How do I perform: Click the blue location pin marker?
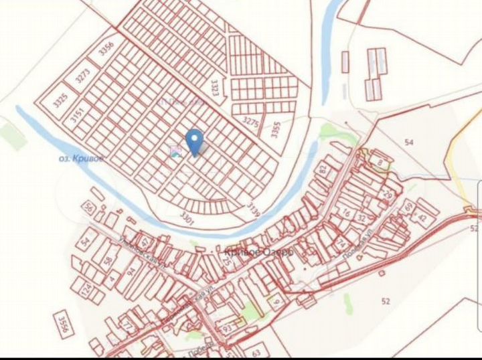coord(194,141)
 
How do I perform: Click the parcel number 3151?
coord(77,115)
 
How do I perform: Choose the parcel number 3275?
coord(250,122)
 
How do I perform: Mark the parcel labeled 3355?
coord(275,129)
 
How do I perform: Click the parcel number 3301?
coord(187,217)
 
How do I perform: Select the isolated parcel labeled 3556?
coord(64,324)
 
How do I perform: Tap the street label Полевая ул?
coord(370,244)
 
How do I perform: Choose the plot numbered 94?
coord(131,270)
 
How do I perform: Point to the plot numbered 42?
coord(422,217)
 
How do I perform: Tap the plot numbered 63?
coord(256,352)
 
